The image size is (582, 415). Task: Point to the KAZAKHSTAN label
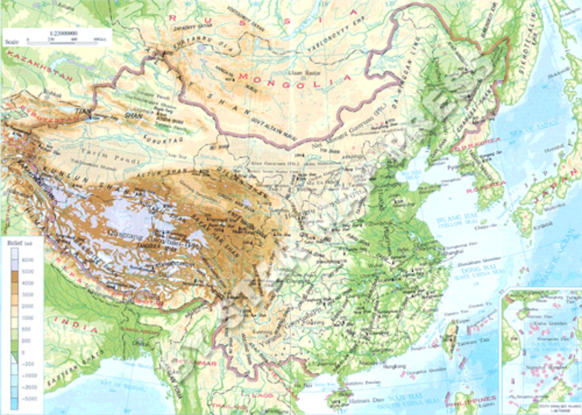pyautogui.click(x=39, y=66)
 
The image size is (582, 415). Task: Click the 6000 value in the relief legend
pyautogui.click(x=28, y=260)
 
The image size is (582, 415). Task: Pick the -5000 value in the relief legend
pyautogui.click(x=29, y=398)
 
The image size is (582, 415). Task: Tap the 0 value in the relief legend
pyautogui.click(x=23, y=352)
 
